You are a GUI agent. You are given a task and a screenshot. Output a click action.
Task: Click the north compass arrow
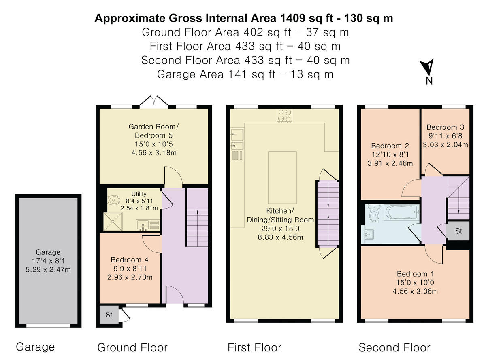coord(428,67)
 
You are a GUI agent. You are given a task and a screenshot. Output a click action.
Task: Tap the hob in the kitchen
coord(284,116)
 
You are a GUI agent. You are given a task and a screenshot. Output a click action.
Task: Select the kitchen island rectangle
coord(282,178)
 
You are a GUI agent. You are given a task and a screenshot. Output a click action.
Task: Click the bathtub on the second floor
coord(401,212)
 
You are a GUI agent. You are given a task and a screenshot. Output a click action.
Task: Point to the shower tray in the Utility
coord(113,222)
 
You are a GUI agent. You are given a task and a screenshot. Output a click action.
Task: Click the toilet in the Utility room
coord(113,200)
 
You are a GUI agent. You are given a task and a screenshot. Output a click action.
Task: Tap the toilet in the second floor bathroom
coord(374,213)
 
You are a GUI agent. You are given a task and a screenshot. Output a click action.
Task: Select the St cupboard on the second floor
coord(458,231)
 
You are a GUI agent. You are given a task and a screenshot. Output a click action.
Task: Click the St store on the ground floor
coord(109,315)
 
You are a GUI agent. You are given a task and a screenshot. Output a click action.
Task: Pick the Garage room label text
coord(48,252)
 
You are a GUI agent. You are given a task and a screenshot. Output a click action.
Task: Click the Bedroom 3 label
coord(445,127)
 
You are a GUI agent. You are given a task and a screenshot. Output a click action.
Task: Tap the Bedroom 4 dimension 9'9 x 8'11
coord(130,268)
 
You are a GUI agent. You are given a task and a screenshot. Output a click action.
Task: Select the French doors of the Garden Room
coord(153,101)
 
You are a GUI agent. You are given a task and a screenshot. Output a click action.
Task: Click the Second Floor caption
coord(394,347)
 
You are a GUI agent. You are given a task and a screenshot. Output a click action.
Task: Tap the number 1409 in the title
coord(293,18)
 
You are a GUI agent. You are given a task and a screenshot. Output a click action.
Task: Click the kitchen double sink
coord(237,140)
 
